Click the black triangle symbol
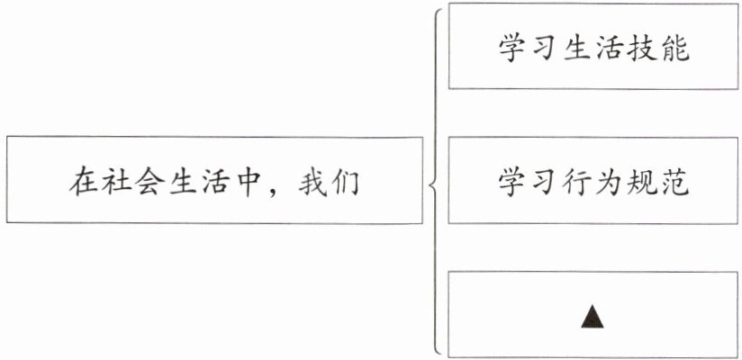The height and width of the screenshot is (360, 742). click(592, 315)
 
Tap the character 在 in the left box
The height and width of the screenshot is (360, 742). click(83, 183)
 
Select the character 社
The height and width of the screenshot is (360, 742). click(121, 183)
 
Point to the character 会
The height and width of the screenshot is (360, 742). click(158, 183)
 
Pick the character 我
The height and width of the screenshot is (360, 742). click(310, 183)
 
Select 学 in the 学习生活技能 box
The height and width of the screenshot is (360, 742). click(514, 49)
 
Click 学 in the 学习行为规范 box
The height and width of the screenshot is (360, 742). click(514, 183)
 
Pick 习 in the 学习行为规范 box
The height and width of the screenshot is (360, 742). click(553, 183)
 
